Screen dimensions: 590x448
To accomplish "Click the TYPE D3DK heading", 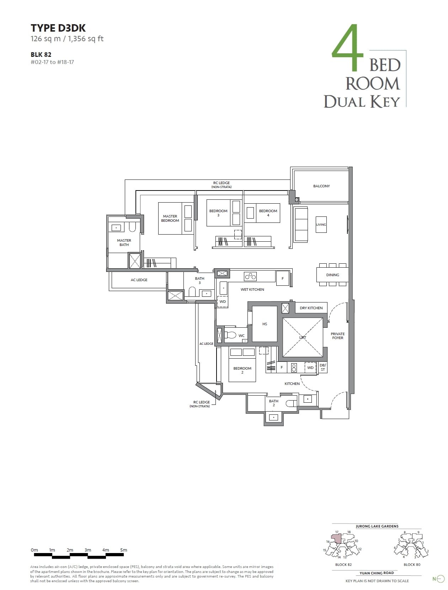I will [58, 28].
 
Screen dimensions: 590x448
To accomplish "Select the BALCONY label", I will [321, 186].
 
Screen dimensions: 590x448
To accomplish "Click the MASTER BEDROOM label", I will [170, 218].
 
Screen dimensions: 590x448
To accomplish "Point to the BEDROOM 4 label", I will [268, 213].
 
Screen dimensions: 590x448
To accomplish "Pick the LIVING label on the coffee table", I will [321, 225].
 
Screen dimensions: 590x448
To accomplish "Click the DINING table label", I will [332, 275].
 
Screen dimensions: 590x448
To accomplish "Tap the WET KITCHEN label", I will [252, 289].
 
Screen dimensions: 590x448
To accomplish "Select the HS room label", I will [265, 324].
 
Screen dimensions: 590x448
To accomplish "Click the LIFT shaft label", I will [303, 337].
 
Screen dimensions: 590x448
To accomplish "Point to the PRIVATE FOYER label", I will [337, 336].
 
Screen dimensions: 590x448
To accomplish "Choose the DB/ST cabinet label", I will [322, 367].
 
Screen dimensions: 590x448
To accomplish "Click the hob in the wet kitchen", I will [250, 276].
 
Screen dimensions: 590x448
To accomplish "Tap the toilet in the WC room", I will [231, 335].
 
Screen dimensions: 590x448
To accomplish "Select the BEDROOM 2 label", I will [242, 370].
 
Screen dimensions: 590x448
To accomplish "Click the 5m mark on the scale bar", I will [123, 550].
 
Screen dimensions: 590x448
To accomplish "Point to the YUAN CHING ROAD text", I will [377, 573].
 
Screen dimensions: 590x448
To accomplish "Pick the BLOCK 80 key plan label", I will [412, 564].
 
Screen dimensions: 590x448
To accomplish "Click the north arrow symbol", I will [440, 579].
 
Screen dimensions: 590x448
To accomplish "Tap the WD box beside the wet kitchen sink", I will [223, 301].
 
